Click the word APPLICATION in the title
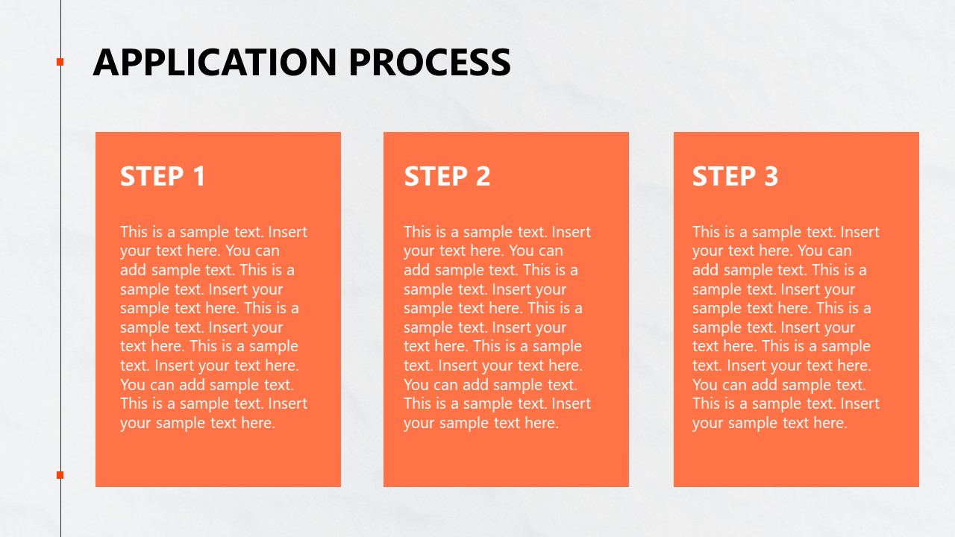pyautogui.click(x=215, y=62)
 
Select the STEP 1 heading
pyautogui.click(x=163, y=177)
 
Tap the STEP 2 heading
pyautogui.click(x=447, y=177)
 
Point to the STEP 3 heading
pyautogui.click(x=735, y=177)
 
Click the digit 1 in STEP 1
pyautogui.click(x=198, y=177)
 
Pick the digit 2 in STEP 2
pyautogui.click(x=482, y=177)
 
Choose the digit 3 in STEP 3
pyautogui.click(x=771, y=177)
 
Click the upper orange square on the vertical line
pyautogui.click(x=60, y=62)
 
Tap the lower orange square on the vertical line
pyautogui.click(x=60, y=475)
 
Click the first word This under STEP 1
pyautogui.click(x=134, y=232)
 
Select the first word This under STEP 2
pyautogui.click(x=418, y=232)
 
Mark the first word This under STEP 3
pyautogui.click(x=707, y=232)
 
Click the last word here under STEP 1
pyautogui.click(x=258, y=423)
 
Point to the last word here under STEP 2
pyautogui.click(x=542, y=423)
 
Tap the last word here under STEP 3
pyautogui.click(x=830, y=423)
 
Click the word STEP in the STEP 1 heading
pyautogui.click(x=151, y=177)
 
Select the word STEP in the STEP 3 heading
pyautogui.click(x=724, y=177)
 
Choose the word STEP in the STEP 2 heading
pyautogui.click(x=436, y=177)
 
